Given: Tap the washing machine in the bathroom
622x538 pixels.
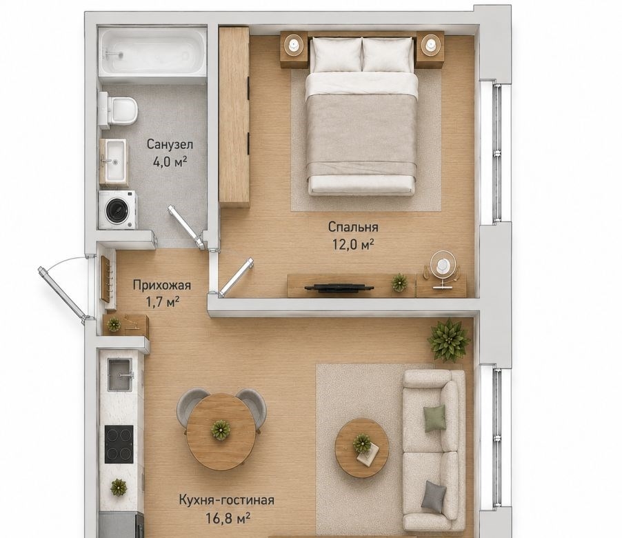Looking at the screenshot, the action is [117, 210].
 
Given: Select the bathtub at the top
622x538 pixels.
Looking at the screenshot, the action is [152, 51].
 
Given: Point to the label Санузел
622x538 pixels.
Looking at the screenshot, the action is [170, 144].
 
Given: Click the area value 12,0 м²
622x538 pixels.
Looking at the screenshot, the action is [354, 244].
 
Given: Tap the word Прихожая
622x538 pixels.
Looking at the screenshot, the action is [162, 285].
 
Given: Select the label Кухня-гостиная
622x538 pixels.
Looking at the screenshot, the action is [226, 499].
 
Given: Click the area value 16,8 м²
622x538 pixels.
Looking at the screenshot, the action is [228, 518].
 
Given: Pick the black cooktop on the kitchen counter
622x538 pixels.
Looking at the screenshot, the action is [119, 444].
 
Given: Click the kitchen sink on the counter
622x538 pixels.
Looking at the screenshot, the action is [120, 374].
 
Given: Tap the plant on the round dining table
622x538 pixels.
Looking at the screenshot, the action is [221, 430].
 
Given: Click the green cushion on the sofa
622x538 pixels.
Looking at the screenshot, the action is [434, 418].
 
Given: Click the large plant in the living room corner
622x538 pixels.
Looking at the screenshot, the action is [449, 339].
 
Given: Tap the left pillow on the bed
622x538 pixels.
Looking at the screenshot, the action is [336, 54].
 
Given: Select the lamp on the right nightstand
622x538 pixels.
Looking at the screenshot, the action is [429, 43].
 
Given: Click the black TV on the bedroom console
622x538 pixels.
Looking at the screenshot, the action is [339, 288].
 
